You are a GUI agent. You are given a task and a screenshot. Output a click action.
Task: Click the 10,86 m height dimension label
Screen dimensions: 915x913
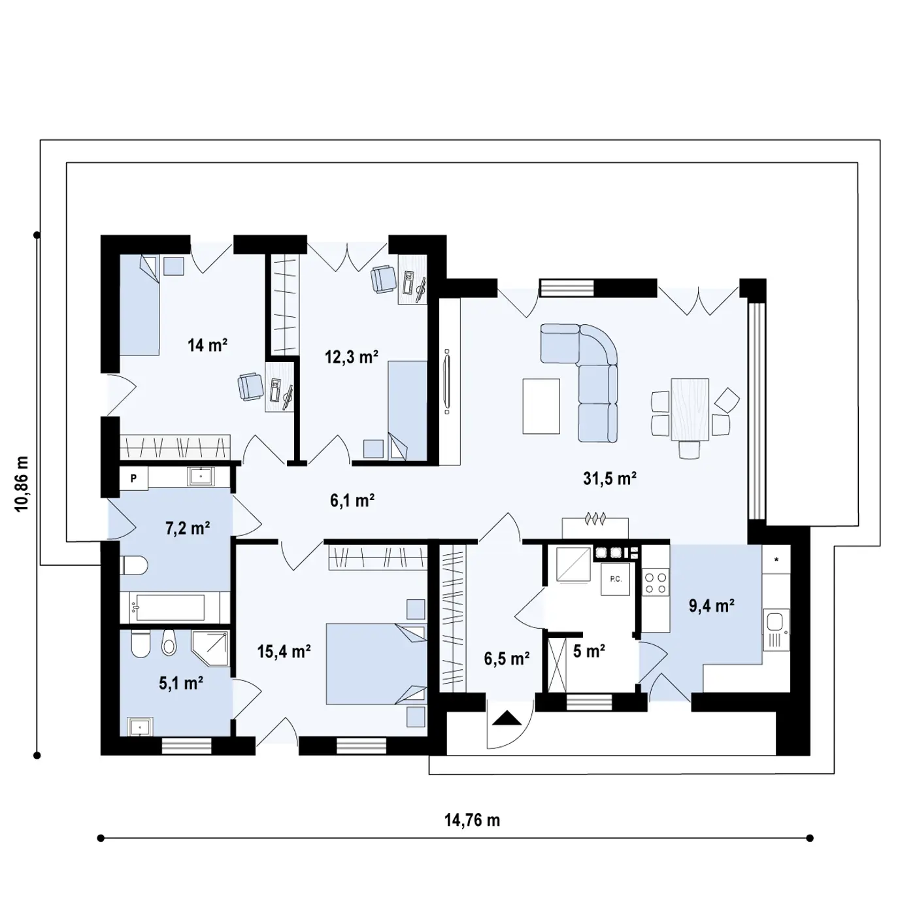pyautogui.click(x=22, y=484)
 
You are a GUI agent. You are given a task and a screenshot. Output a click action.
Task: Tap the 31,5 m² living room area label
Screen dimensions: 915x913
pyautogui.click(x=610, y=478)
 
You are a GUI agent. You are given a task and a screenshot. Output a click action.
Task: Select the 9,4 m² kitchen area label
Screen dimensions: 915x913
pyautogui.click(x=712, y=606)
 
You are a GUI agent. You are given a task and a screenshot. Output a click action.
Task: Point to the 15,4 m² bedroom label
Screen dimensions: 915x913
pyautogui.click(x=284, y=652)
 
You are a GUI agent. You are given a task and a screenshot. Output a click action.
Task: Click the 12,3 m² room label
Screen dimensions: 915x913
pyautogui.click(x=352, y=356)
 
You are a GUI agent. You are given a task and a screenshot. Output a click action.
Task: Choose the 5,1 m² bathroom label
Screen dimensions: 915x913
pyautogui.click(x=181, y=683)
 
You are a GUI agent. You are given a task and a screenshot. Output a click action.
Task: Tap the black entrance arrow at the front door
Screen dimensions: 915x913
pyautogui.click(x=507, y=718)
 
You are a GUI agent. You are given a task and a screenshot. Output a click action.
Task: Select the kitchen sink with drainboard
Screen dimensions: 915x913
pyautogui.click(x=776, y=630)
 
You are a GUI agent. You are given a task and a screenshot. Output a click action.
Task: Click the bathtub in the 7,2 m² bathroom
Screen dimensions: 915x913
pyautogui.click(x=169, y=607)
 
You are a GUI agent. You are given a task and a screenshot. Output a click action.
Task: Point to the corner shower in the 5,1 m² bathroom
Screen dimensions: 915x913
pyautogui.click(x=210, y=648)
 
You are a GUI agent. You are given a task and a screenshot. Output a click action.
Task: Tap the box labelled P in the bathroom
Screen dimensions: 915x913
pyautogui.click(x=133, y=478)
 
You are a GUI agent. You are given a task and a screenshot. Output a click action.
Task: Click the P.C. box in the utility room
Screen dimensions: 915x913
pyautogui.click(x=616, y=580)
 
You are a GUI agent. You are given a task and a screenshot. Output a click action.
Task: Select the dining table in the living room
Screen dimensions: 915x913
pyautogui.click(x=690, y=409)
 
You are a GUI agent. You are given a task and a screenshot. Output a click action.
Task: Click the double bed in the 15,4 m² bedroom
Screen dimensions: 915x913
pyautogui.click(x=376, y=664)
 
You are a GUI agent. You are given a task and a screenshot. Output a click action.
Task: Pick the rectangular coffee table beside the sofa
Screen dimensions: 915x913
pyautogui.click(x=541, y=406)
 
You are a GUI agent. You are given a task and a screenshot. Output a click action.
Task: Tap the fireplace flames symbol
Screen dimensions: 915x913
pyautogui.click(x=595, y=518)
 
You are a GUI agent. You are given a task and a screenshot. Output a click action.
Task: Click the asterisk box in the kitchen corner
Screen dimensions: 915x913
pyautogui.click(x=776, y=559)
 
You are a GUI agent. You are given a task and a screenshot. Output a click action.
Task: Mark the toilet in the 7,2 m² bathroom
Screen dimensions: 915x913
pyautogui.click(x=134, y=566)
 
